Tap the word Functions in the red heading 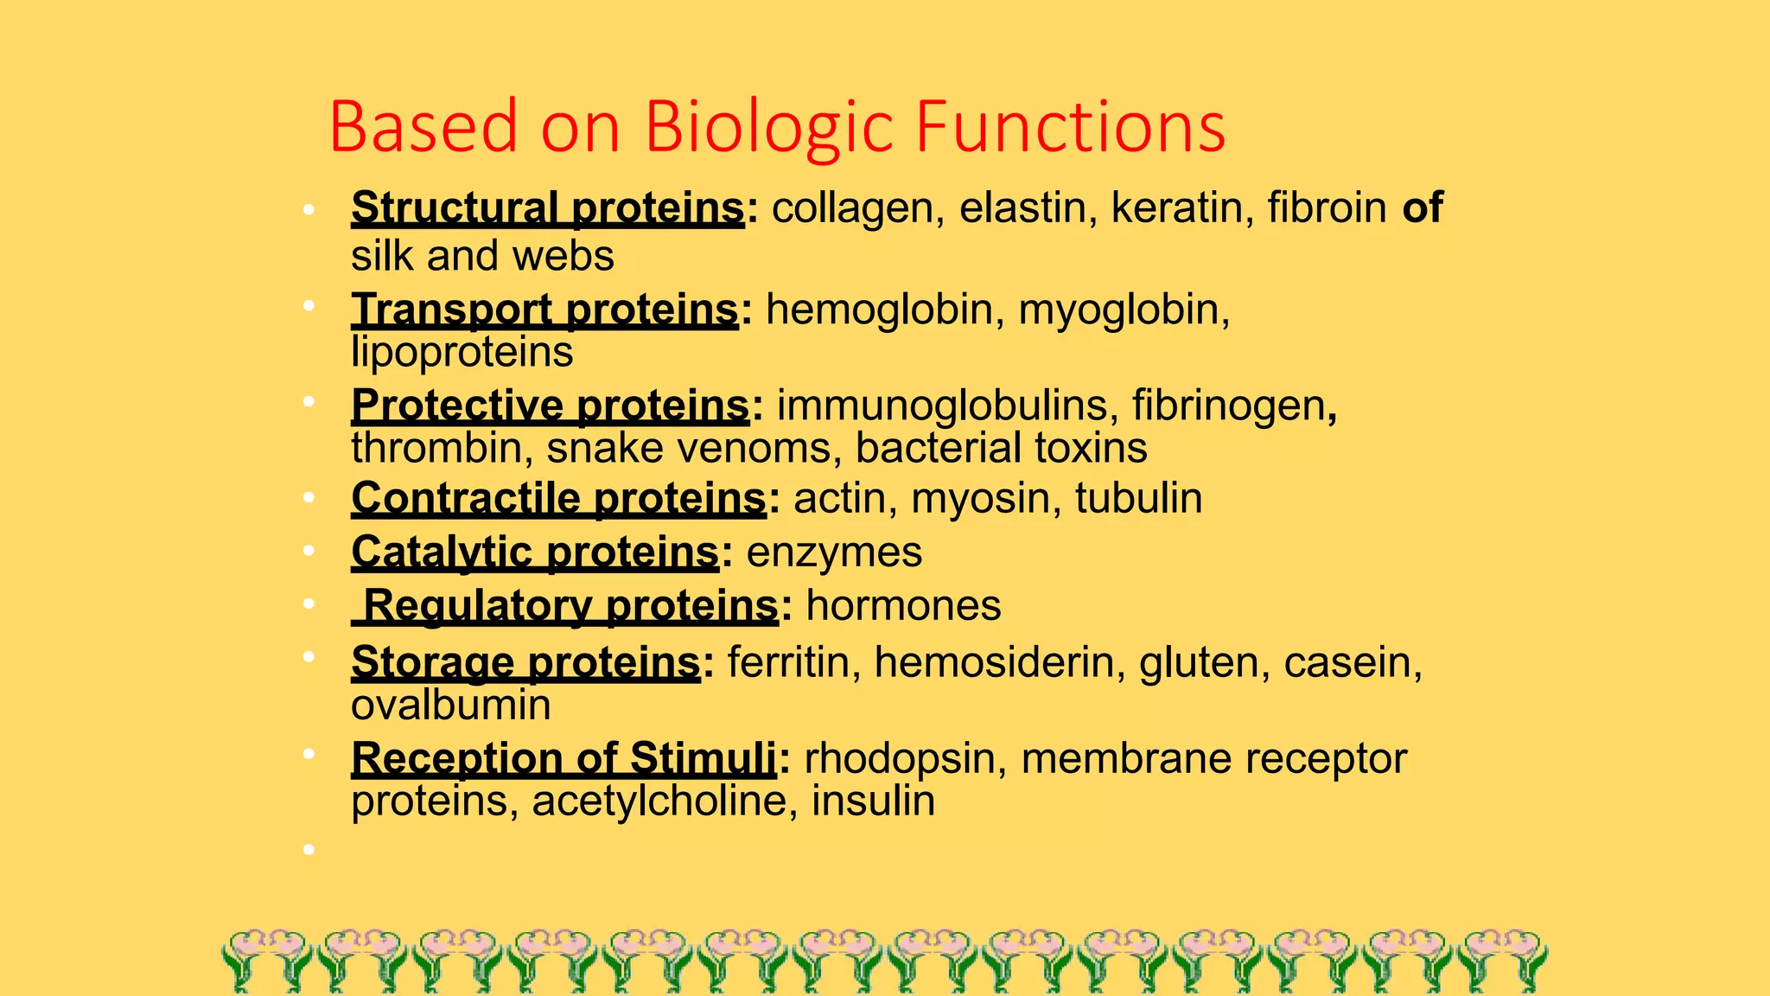(1070, 127)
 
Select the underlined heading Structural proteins (547, 208)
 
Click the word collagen (852, 208)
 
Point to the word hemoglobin (878, 310)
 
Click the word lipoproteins (462, 352)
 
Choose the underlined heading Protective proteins (550, 405)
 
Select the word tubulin (1138, 499)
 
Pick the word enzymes (834, 552)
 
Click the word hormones (903, 605)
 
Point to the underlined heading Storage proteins (525, 662)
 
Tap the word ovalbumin (450, 705)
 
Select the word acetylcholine (659, 801)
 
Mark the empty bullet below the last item (309, 850)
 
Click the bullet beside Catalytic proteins (309, 552)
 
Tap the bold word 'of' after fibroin (1422, 208)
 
